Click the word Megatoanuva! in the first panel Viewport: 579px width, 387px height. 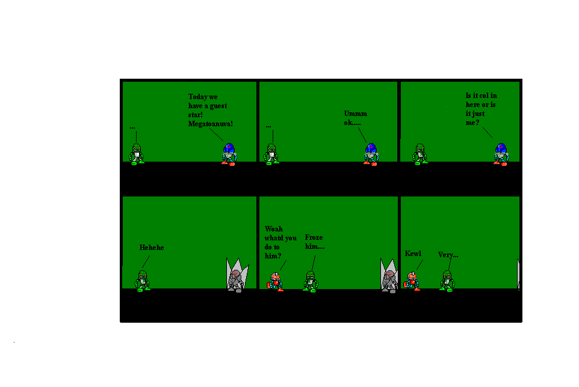[210, 123]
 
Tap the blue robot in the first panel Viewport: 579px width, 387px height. [229, 154]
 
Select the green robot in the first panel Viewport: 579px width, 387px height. [137, 154]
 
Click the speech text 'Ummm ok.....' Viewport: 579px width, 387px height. [355, 118]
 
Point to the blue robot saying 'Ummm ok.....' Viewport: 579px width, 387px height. [371, 154]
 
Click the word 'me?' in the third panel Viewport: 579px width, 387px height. [472, 123]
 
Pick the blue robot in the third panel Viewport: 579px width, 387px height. [501, 154]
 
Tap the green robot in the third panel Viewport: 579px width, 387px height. [420, 154]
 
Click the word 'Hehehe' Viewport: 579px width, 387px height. [152, 248]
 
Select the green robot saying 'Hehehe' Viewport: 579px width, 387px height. [143, 281]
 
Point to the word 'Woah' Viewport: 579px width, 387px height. [273, 229]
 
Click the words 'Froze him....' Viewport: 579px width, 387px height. [315, 242]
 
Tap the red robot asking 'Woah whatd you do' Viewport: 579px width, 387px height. [276, 281]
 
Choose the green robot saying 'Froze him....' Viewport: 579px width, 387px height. [310, 281]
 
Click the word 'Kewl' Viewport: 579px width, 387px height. [413, 254]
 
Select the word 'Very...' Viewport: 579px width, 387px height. [448, 255]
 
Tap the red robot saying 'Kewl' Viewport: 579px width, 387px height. [412, 281]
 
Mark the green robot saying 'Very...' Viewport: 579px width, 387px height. [446, 281]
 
